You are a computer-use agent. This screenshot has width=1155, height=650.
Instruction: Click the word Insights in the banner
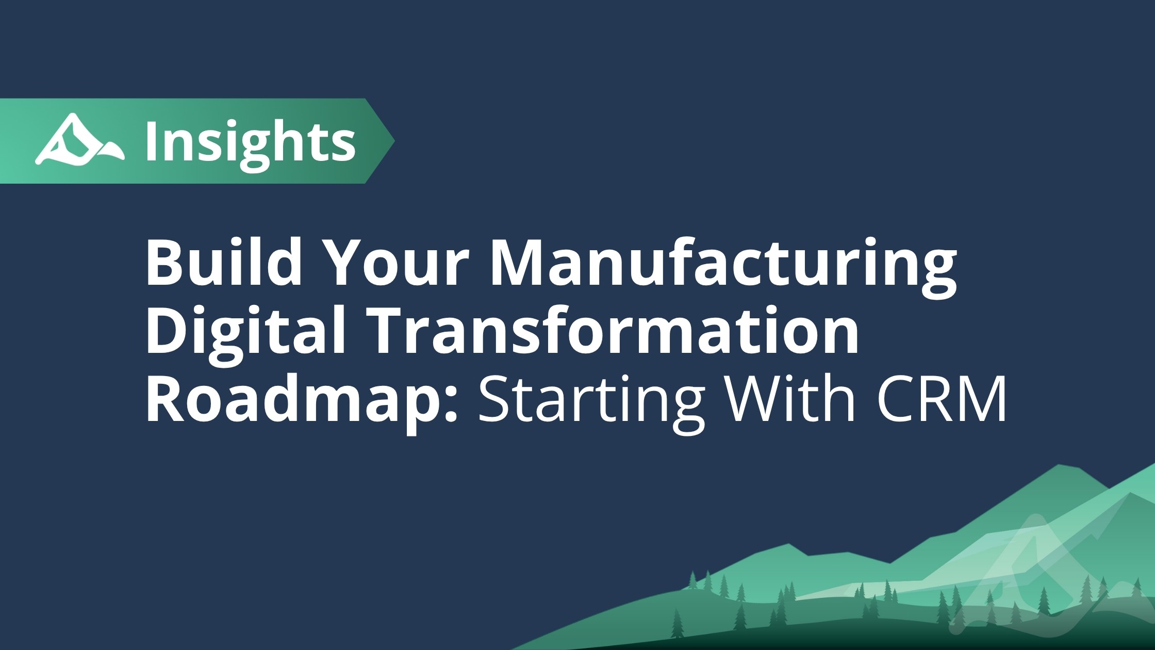[x=251, y=141]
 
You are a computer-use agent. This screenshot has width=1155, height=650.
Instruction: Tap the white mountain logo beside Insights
[x=79, y=140]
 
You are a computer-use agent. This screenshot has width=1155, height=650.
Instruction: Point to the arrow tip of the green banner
[x=394, y=140]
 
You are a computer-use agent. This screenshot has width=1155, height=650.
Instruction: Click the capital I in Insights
[x=153, y=141]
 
